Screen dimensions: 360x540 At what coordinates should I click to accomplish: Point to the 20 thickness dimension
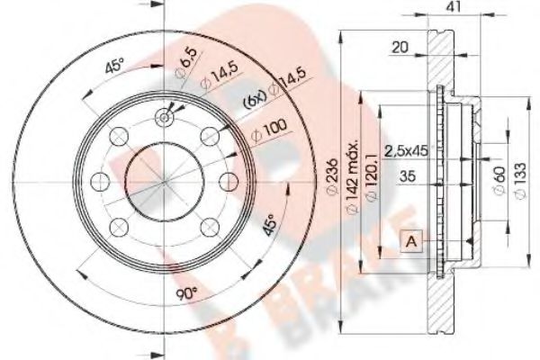(x=401, y=48)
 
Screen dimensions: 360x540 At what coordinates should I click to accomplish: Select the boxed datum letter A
(x=412, y=241)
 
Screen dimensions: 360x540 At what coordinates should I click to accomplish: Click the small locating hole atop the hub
(x=165, y=115)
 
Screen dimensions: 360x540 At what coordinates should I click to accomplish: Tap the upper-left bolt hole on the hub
(x=119, y=134)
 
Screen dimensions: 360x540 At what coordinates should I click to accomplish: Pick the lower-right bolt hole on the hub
(x=211, y=224)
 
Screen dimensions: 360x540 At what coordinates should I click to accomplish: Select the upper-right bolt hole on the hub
(x=211, y=134)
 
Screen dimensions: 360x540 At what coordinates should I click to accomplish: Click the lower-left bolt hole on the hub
(x=119, y=224)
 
